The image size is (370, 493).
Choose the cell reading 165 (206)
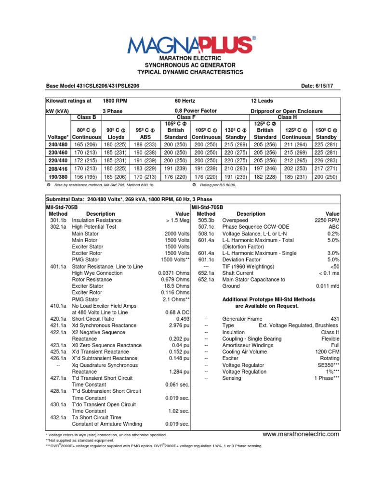pyautogui.click(x=87, y=144)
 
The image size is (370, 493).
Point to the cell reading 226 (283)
pyautogui.click(x=327, y=161)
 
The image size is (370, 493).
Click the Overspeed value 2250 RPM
pyautogui.click(x=327, y=220)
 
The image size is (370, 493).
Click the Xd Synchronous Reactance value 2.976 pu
pyautogui.click(x=179, y=325)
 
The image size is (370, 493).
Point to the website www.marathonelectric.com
pyautogui.click(x=301, y=434)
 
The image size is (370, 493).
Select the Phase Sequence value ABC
pyautogui.click(x=334, y=226)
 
